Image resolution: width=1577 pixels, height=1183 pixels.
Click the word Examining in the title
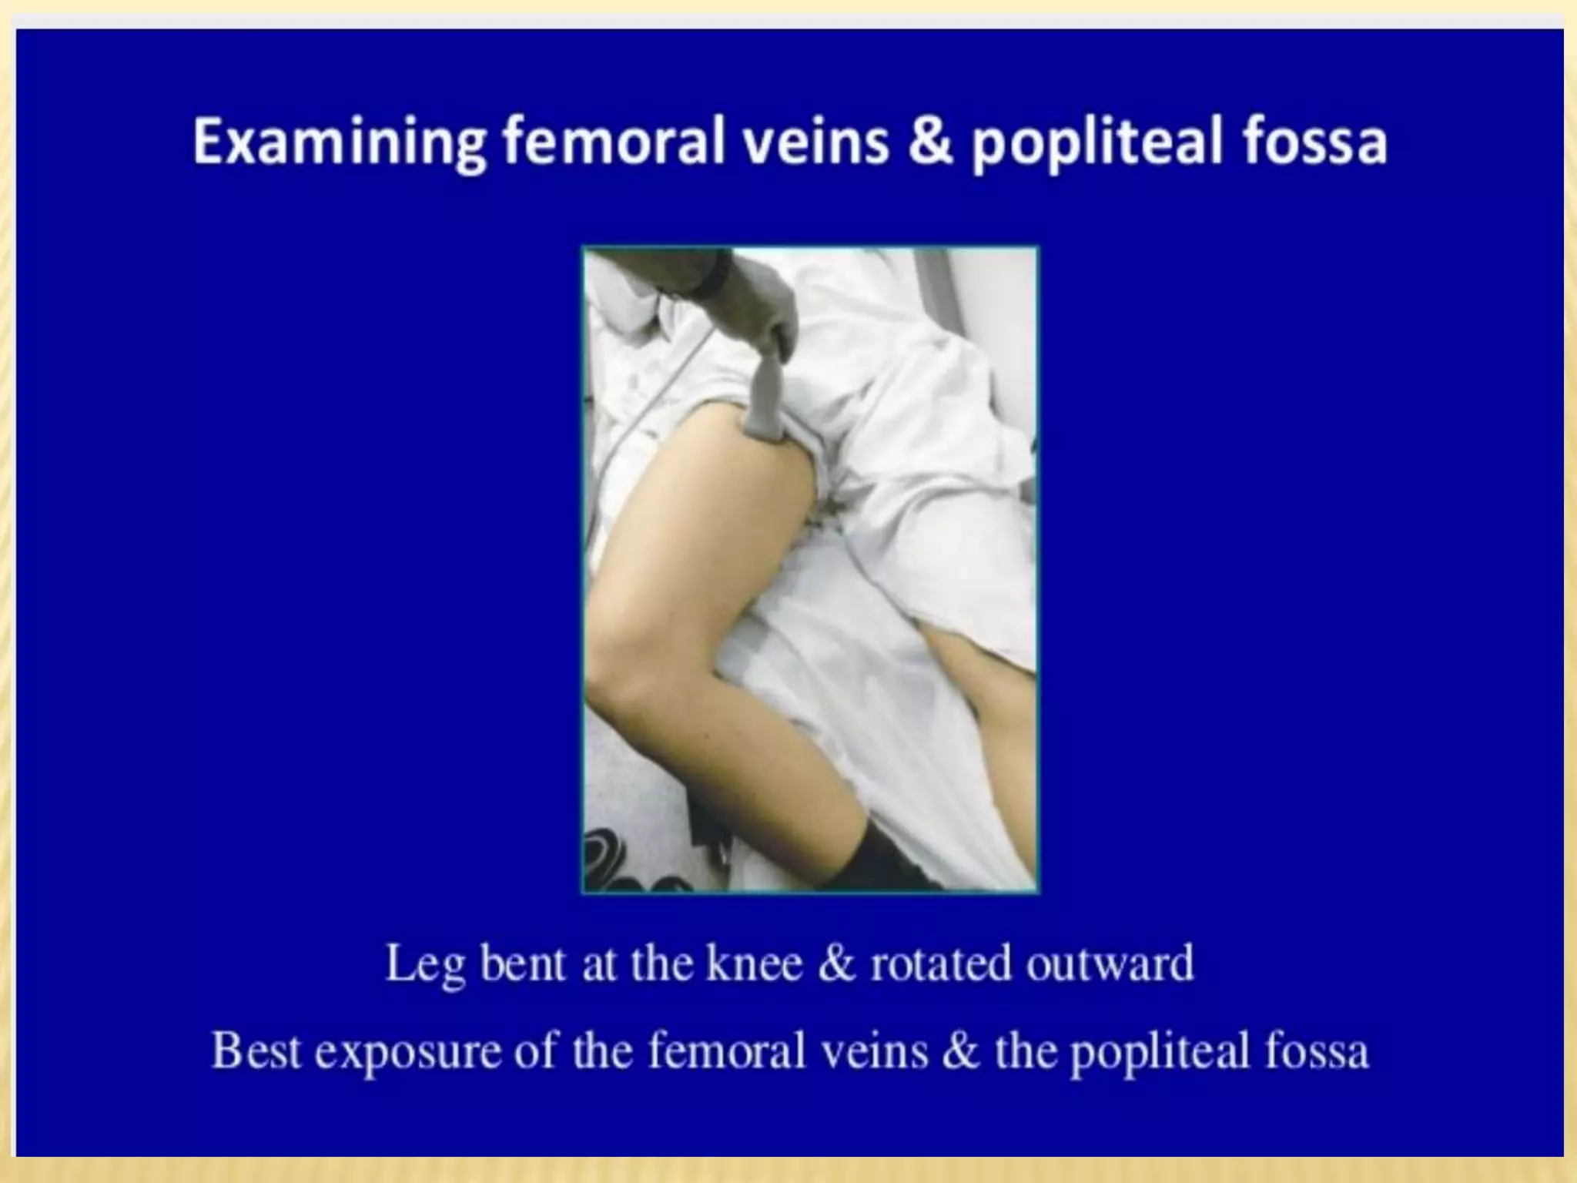[340, 143]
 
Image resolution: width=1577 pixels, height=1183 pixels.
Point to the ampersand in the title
[933, 143]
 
